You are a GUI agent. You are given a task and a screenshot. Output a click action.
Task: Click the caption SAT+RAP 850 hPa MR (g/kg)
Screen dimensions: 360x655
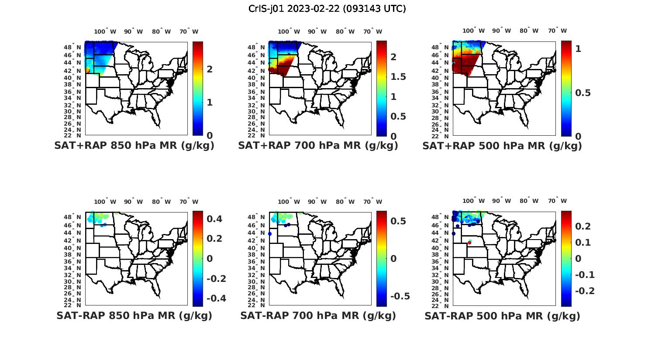click(134, 146)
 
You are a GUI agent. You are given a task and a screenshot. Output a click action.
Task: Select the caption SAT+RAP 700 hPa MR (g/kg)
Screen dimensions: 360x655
click(318, 146)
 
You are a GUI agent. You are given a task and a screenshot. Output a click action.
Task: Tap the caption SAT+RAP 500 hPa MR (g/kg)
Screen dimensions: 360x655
click(502, 146)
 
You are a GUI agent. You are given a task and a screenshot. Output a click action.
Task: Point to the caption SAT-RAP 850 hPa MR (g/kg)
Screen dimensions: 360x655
click(134, 315)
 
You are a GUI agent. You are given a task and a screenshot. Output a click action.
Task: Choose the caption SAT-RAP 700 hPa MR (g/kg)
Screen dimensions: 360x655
click(318, 315)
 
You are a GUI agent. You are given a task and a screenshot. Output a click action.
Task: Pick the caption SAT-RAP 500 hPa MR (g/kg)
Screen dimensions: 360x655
click(502, 315)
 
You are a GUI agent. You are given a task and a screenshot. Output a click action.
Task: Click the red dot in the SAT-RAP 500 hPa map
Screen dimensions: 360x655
click(469, 243)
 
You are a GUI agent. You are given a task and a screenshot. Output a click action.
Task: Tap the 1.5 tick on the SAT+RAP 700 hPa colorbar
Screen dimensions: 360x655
click(397, 77)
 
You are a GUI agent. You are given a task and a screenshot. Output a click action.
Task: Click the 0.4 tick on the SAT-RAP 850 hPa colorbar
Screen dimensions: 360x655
click(214, 219)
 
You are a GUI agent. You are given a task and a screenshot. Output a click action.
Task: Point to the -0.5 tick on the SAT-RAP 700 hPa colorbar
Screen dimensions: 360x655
click(400, 296)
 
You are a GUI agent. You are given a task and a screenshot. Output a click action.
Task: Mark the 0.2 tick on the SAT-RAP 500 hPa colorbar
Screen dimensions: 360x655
click(583, 226)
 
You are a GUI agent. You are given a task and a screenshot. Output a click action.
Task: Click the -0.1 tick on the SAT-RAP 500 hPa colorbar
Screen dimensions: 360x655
click(585, 274)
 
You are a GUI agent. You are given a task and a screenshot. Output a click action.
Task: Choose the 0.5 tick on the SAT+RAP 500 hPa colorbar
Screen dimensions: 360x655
click(583, 93)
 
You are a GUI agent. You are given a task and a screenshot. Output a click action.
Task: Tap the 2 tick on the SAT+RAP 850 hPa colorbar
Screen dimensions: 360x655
click(210, 69)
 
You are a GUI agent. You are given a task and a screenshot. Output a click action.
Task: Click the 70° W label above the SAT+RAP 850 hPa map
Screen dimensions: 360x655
click(189, 31)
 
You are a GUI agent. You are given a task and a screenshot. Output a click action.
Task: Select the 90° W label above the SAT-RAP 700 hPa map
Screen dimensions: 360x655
click(317, 202)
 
